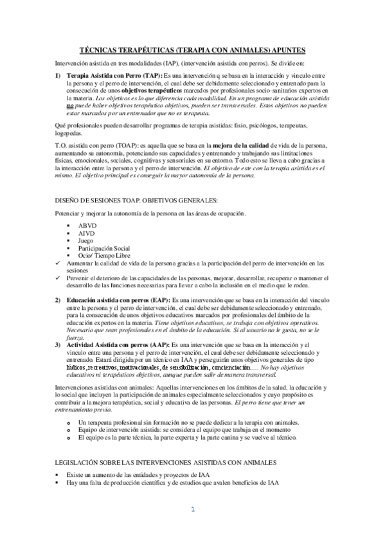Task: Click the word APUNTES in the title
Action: (x=284, y=49)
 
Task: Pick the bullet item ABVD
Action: (x=87, y=226)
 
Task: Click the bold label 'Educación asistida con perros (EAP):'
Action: (x=120, y=301)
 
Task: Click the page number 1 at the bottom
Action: (x=192, y=510)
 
